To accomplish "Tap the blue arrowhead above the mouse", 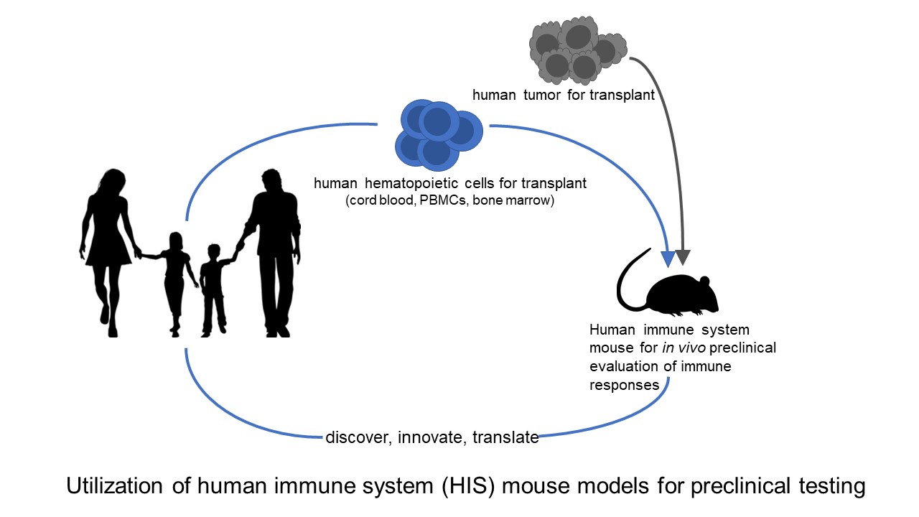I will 668,258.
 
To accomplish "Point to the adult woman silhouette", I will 108,244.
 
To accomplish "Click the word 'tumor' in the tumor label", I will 535,95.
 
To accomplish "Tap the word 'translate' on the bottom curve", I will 505,437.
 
